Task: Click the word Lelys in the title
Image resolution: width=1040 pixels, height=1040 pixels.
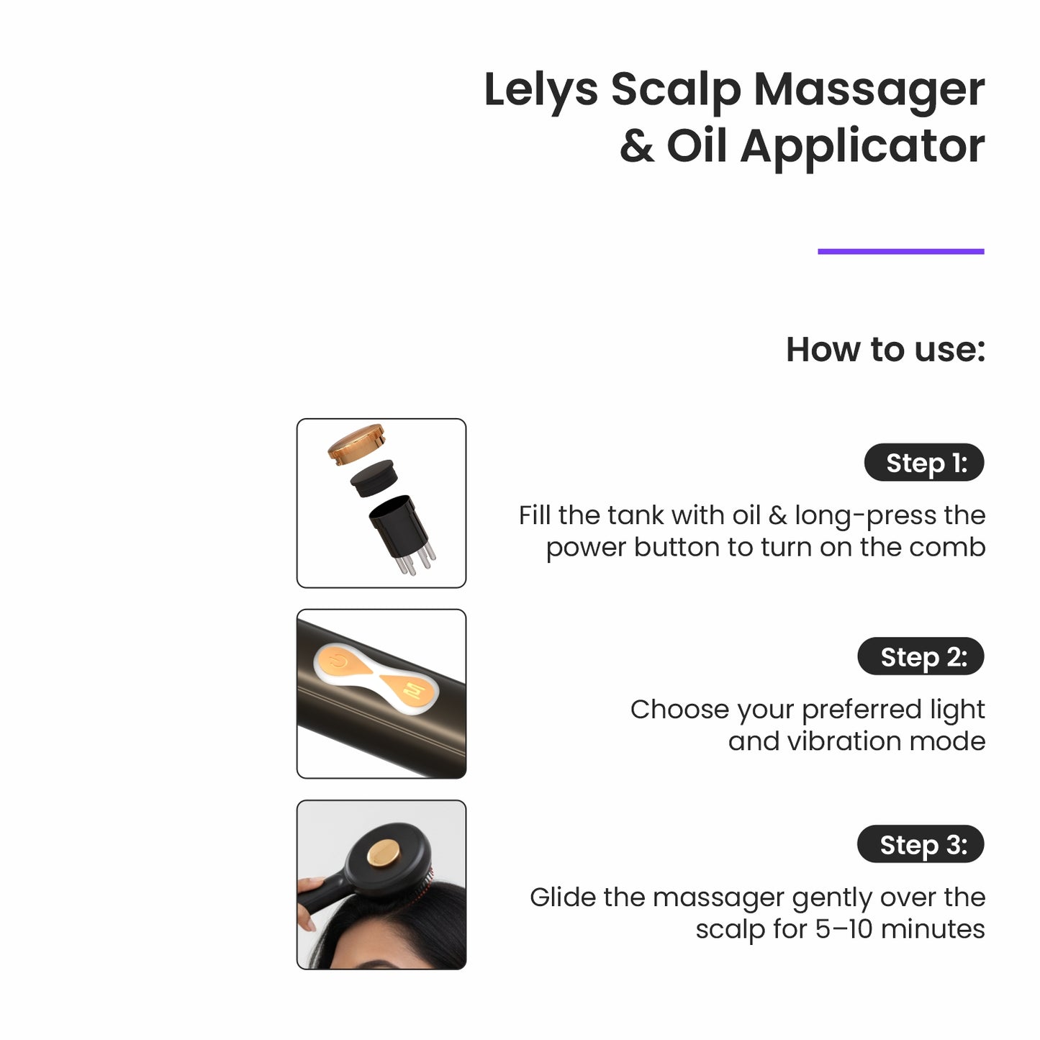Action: [541, 91]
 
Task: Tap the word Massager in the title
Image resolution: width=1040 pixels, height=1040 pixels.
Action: [869, 91]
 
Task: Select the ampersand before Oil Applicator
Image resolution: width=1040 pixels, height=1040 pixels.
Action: [636, 146]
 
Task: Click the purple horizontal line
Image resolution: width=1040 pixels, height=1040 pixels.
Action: [900, 251]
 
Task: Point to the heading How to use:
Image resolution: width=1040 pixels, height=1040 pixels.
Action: [885, 350]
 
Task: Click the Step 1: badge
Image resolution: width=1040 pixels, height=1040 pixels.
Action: [923, 463]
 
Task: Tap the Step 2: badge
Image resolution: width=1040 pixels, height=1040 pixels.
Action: [921, 656]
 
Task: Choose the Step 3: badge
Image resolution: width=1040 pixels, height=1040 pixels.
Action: [921, 844]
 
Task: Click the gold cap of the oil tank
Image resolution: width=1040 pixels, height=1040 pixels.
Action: [356, 442]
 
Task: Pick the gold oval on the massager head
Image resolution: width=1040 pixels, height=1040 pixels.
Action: [383, 854]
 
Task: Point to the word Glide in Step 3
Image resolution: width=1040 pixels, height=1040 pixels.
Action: [562, 897]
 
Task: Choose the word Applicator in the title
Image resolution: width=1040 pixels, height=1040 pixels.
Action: [862, 146]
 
